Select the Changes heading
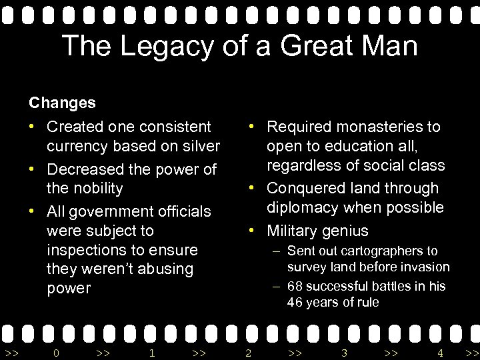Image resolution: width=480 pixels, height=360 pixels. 62,103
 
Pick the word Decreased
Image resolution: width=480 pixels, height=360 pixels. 86,169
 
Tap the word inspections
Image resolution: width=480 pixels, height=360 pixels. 87,250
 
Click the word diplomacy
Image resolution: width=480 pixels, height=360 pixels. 303,207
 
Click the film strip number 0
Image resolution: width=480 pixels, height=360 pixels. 56,353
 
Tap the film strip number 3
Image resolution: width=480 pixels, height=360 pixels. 344,353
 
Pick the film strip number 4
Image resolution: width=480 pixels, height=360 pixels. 440,353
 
